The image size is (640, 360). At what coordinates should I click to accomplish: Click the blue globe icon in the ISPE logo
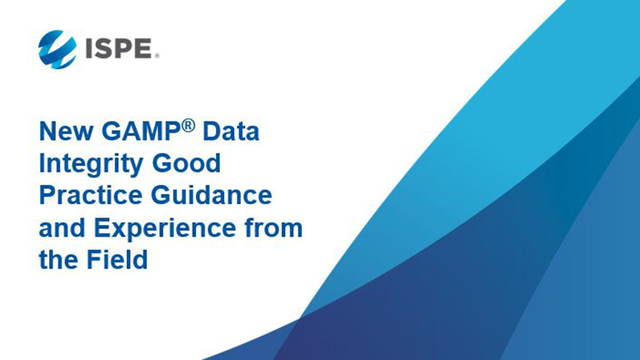tap(57, 49)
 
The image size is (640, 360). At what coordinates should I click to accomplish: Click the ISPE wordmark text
tap(119, 48)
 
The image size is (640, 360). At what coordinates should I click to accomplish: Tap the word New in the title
tap(66, 132)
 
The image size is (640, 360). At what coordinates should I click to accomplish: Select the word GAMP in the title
tap(141, 132)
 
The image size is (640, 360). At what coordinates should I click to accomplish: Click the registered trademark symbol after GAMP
tap(188, 126)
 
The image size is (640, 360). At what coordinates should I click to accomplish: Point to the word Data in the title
tap(231, 132)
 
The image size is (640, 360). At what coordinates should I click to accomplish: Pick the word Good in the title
tap(186, 163)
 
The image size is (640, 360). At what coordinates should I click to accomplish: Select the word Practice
tap(90, 195)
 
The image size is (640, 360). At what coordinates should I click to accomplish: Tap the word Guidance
tap(212, 195)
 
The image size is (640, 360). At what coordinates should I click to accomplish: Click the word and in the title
tap(62, 227)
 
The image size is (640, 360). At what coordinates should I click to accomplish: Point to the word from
tap(273, 227)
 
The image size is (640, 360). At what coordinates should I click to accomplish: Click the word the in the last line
tap(58, 260)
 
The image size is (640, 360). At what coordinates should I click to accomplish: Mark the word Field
tap(117, 260)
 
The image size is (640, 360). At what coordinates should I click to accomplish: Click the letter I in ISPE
tap(88, 48)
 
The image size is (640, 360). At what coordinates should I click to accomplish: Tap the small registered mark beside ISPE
tap(157, 56)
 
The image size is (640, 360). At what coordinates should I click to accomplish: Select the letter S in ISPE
tap(103, 48)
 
